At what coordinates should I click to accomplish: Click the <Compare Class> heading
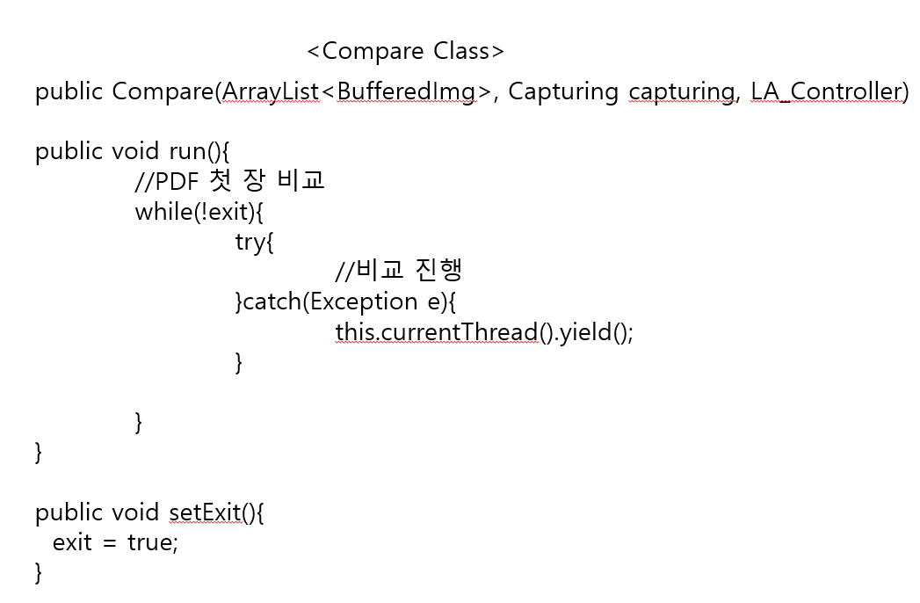coord(405,51)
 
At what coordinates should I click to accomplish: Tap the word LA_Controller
coord(828,91)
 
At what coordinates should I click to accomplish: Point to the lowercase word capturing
coord(682,92)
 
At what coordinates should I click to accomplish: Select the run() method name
coord(193,151)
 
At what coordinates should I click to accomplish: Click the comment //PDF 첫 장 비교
coord(229,181)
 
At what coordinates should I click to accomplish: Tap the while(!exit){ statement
coord(199,212)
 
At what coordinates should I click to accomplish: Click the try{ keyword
coord(254,242)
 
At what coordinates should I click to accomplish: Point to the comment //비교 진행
coord(399,271)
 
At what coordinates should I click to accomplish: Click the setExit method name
coord(205,512)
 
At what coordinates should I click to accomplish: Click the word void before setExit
coord(137,512)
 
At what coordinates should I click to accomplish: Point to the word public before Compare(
coord(70,91)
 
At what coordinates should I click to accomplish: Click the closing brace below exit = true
coord(38,572)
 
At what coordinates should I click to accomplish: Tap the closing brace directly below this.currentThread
coord(239,362)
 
